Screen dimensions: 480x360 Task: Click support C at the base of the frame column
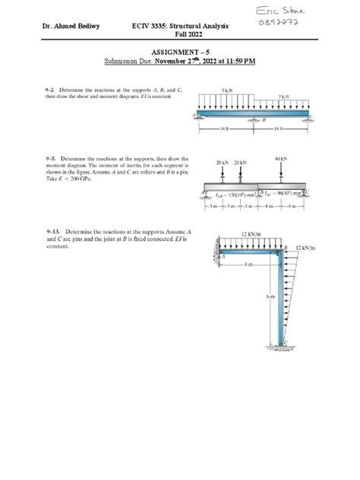[286, 347]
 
